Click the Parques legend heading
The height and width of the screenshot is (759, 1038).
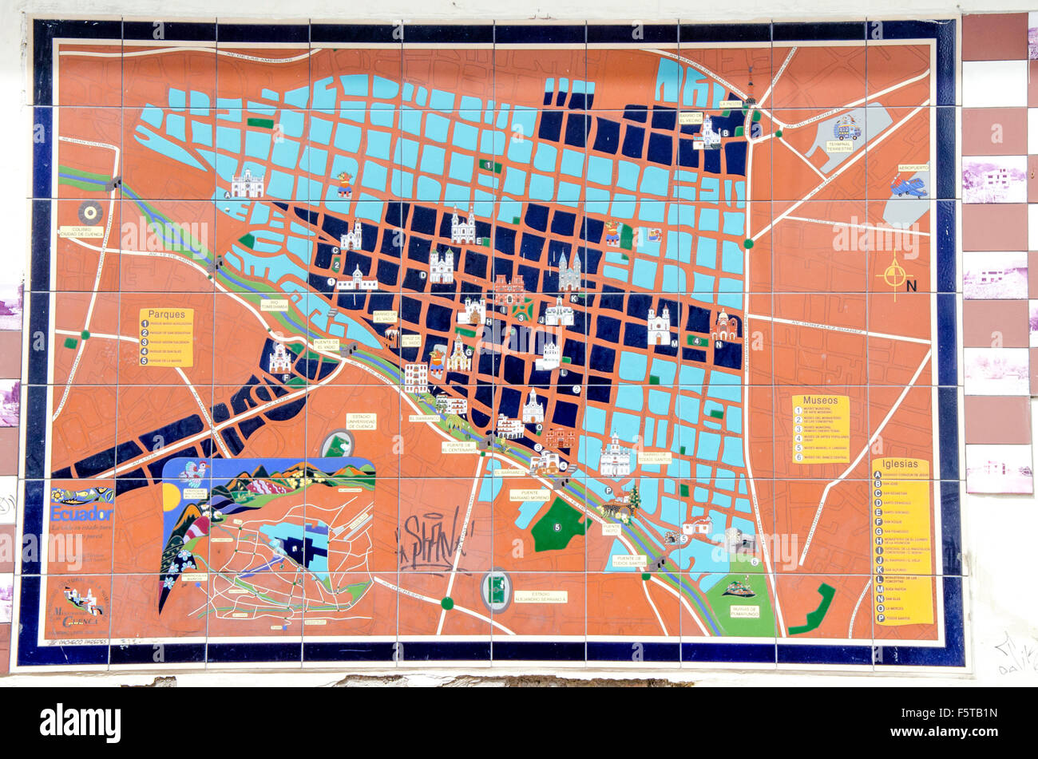(x=166, y=314)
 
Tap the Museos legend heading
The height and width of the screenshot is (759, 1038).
(x=820, y=401)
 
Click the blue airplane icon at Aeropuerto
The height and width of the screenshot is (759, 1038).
(x=909, y=186)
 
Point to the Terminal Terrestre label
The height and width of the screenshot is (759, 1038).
(x=839, y=146)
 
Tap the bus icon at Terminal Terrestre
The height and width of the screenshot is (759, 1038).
(x=846, y=128)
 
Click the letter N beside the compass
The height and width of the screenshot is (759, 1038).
(x=912, y=286)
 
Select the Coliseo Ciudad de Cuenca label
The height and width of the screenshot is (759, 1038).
(x=81, y=231)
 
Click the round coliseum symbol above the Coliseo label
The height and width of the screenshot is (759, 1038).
(x=89, y=212)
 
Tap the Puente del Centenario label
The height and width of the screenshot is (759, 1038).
(x=459, y=448)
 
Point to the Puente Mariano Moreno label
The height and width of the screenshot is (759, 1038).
(x=529, y=495)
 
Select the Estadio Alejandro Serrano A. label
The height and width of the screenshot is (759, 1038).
(x=540, y=596)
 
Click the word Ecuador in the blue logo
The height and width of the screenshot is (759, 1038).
(x=81, y=513)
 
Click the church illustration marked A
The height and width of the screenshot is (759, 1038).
(x=248, y=185)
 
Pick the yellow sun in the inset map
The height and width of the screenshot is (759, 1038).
(x=171, y=496)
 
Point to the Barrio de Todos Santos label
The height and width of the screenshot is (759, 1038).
(x=654, y=457)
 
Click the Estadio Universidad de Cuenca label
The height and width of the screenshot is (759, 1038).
(x=361, y=421)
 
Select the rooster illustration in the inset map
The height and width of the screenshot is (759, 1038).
(x=192, y=472)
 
